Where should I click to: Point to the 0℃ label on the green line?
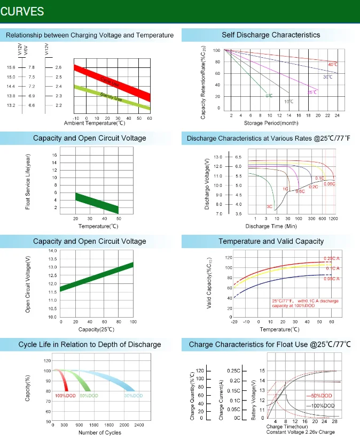tap(269, 96)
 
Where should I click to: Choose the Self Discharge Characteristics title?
tap(271, 35)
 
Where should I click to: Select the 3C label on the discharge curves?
tap(269, 206)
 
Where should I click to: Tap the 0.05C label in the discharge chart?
tap(330, 184)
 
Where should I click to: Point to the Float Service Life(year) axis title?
tap(28, 182)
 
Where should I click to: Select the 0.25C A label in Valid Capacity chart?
tap(331, 259)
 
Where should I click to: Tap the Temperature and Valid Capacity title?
tap(271, 241)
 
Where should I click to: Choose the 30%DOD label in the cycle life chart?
tap(133, 395)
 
